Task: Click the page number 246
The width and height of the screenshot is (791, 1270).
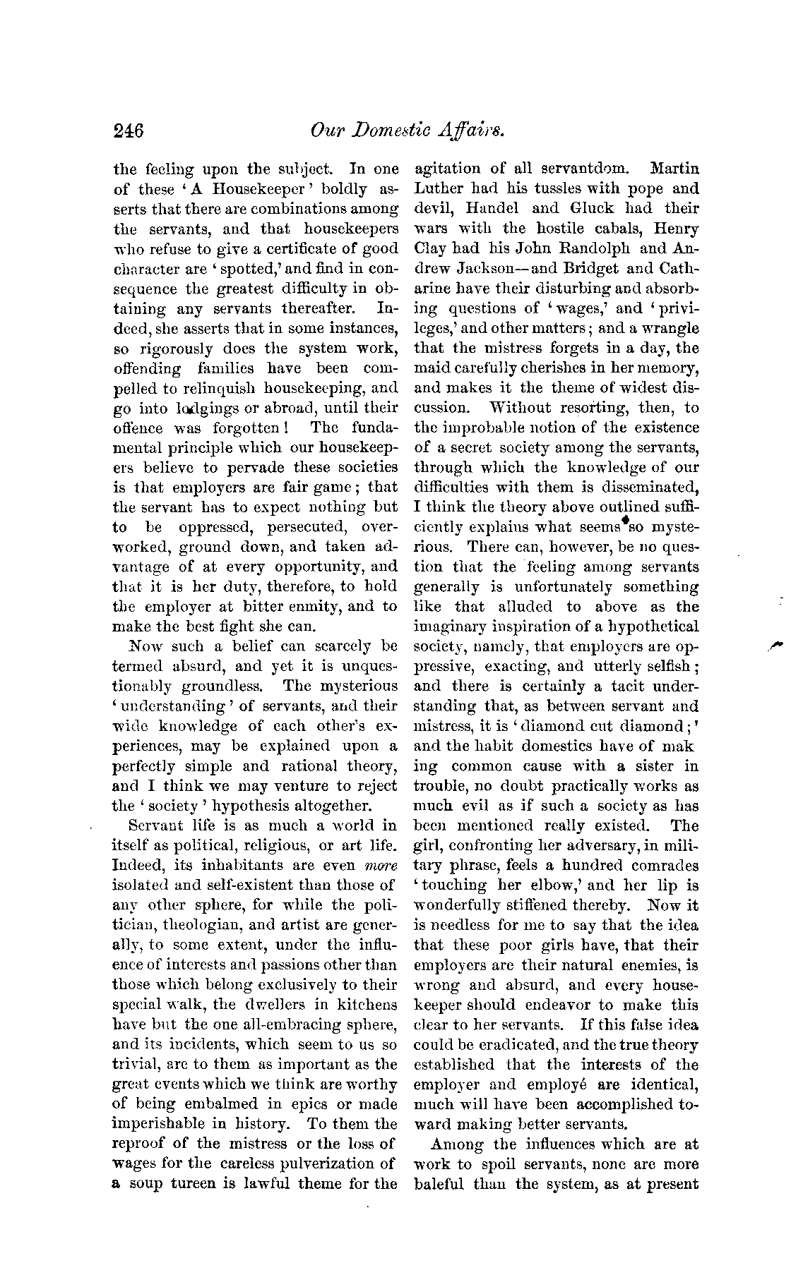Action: [x=129, y=131]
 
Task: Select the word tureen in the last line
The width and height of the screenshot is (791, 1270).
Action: [x=196, y=1183]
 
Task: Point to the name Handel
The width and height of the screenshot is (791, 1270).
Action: [x=487, y=209]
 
